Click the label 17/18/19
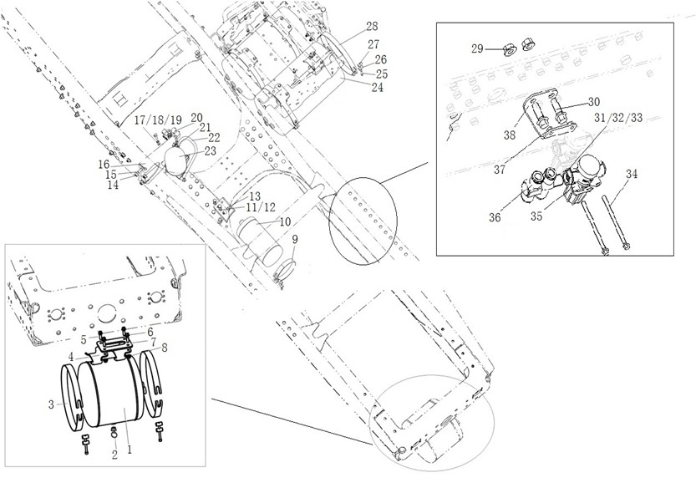158,120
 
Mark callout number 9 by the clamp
295,239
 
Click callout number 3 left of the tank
51,404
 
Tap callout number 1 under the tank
130,450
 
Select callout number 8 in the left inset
164,348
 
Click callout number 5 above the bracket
84,338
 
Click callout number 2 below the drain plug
114,455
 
